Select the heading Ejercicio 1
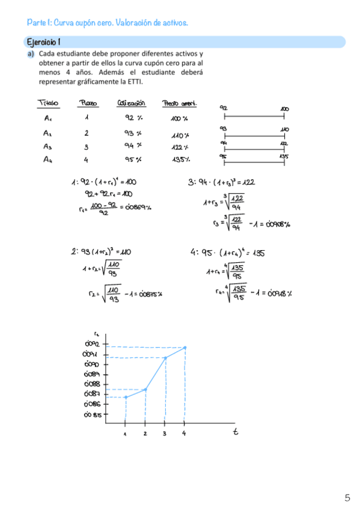click(43, 42)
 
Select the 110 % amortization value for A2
click(180, 135)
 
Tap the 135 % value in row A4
click(181, 159)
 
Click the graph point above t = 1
click(126, 397)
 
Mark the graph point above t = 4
click(185, 348)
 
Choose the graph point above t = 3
click(165, 358)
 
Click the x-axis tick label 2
click(145, 433)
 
